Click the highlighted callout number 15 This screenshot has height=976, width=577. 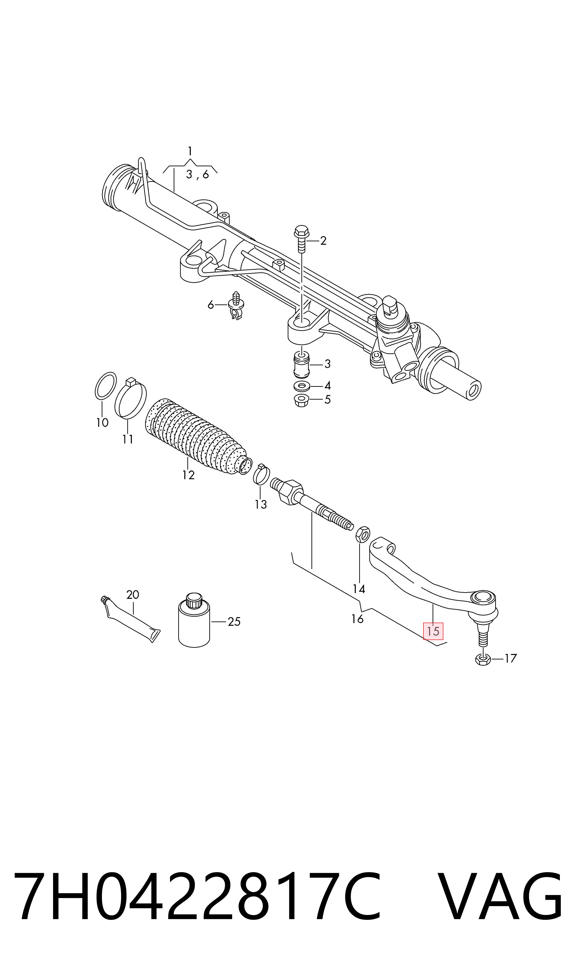pyautogui.click(x=433, y=631)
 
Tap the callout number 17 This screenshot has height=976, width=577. pyautogui.click(x=511, y=659)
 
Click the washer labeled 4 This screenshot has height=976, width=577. pyautogui.click(x=302, y=386)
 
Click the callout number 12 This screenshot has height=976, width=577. pyautogui.click(x=188, y=475)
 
